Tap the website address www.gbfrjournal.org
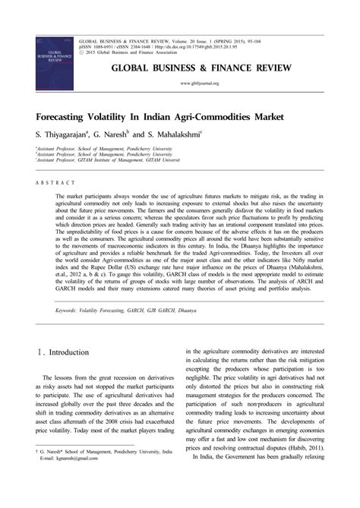pyautogui.click(x=199, y=83)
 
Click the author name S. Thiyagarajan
pyautogui.click(x=65, y=134)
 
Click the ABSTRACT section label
pyautogui.click(x=55, y=183)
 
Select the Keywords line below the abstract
pyautogui.click(x=125, y=311)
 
